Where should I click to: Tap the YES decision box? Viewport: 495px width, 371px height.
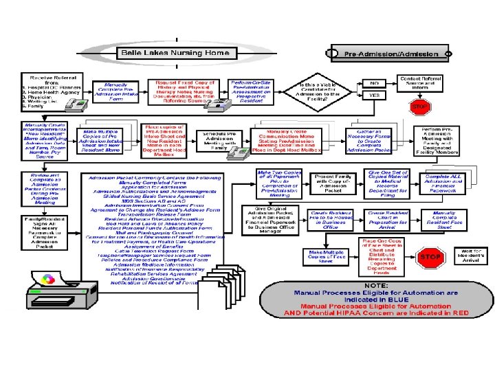click(x=375, y=95)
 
